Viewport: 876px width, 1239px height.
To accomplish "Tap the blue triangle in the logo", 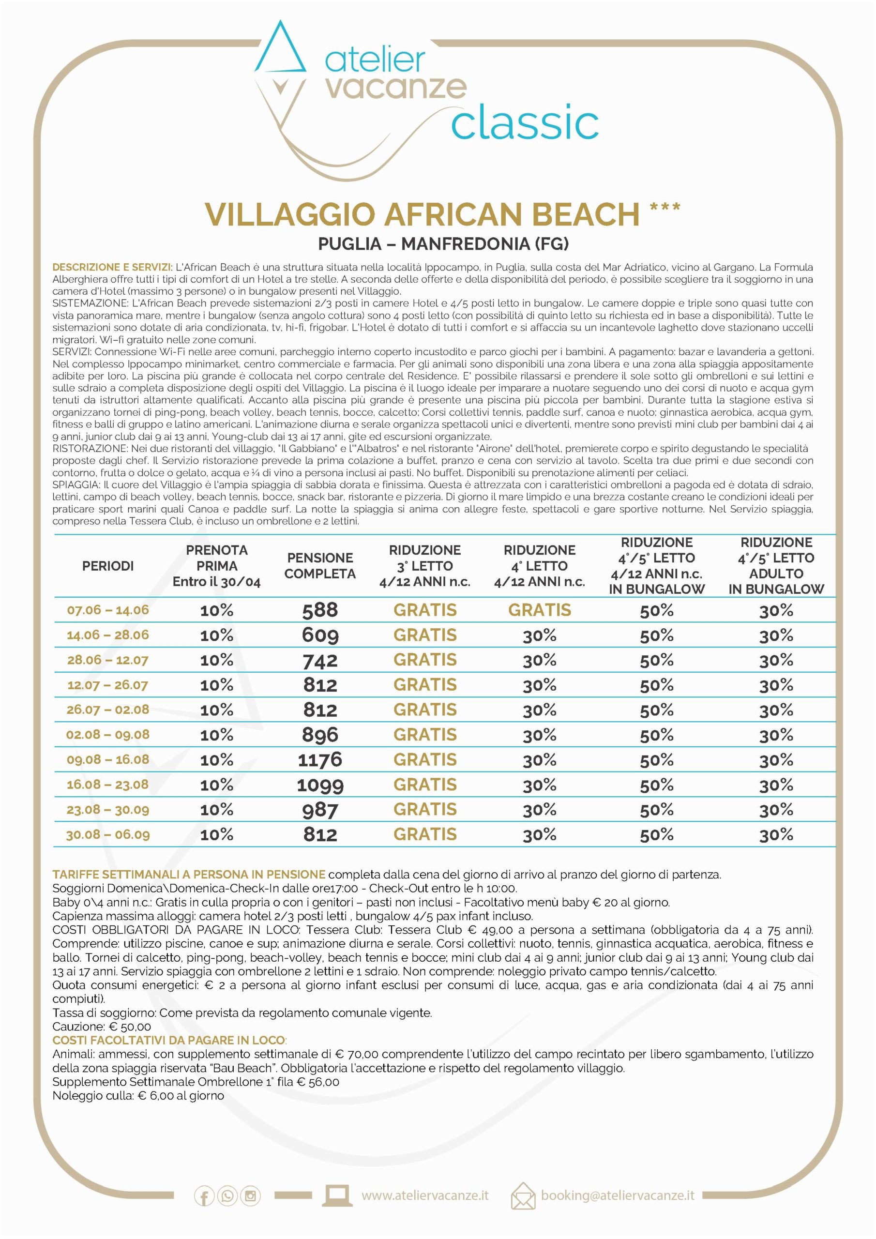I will coord(280,51).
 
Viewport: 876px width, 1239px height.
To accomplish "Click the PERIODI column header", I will coord(108,566).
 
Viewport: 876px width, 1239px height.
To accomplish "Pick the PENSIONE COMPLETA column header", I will coord(320,566).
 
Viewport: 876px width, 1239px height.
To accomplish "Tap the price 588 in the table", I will coord(320,610).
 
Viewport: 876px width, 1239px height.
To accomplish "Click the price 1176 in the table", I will coord(320,760).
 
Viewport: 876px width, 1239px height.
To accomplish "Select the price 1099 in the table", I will coord(320,785).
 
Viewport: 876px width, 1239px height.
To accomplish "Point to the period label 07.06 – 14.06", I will coord(108,610).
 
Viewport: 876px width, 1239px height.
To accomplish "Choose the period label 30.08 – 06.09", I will coord(108,834).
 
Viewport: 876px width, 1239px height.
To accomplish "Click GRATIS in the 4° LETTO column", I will coord(539,610).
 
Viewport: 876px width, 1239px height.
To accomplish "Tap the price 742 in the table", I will coord(320,660).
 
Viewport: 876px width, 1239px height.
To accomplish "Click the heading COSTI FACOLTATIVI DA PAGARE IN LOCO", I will coord(169,1041).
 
